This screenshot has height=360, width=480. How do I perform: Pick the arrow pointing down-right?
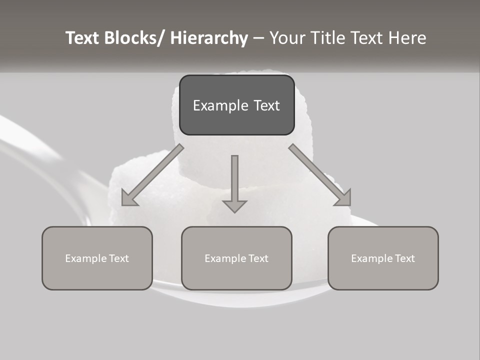pyautogui.click(x=320, y=175)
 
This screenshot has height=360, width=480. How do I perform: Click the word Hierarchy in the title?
pyautogui.click(x=209, y=38)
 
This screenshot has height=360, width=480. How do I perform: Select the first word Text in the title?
pyautogui.click(x=82, y=38)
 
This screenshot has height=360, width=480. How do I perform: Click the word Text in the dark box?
pyautogui.click(x=266, y=105)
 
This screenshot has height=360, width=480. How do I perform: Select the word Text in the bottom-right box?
pyautogui.click(x=405, y=258)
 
